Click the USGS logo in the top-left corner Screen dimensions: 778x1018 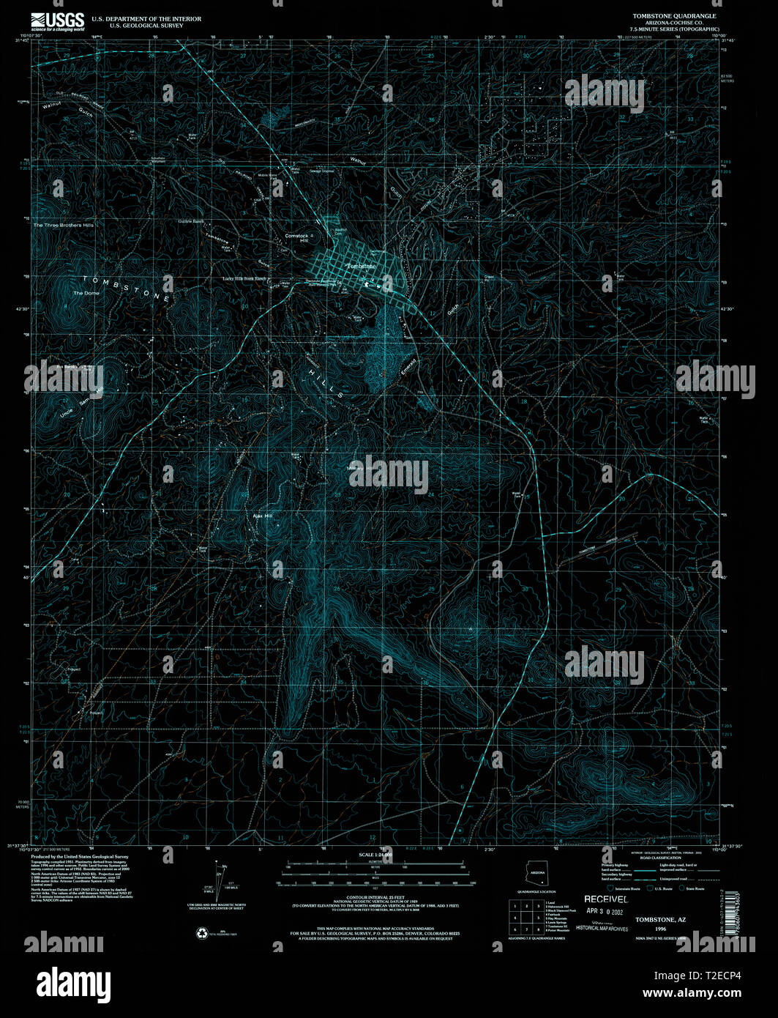coord(58,21)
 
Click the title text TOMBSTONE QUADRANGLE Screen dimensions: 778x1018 coord(674,15)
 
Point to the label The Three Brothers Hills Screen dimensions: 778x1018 coord(64,225)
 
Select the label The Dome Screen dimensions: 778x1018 coord(86,293)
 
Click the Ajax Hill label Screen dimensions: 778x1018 coord(262,516)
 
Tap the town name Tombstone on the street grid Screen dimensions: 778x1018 coord(361,266)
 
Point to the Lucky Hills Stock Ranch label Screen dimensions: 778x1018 coord(244,279)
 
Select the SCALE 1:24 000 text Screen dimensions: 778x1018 coord(375,855)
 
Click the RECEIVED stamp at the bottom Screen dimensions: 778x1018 coord(605,899)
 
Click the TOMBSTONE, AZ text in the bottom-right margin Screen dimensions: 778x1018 coord(660,918)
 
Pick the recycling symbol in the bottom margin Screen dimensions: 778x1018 coord(201,933)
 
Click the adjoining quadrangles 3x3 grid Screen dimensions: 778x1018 coord(525,916)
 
